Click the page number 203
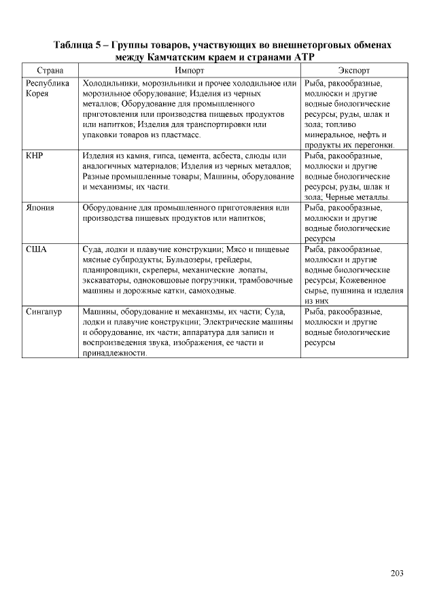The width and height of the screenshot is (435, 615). [397, 573]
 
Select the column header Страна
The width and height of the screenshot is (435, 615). [50, 70]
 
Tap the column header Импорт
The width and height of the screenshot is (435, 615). [189, 70]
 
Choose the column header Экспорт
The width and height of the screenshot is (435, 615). [353, 70]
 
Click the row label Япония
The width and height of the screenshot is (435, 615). [40, 207]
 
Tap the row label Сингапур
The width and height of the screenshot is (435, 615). [44, 311]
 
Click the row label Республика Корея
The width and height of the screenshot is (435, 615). [48, 88]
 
